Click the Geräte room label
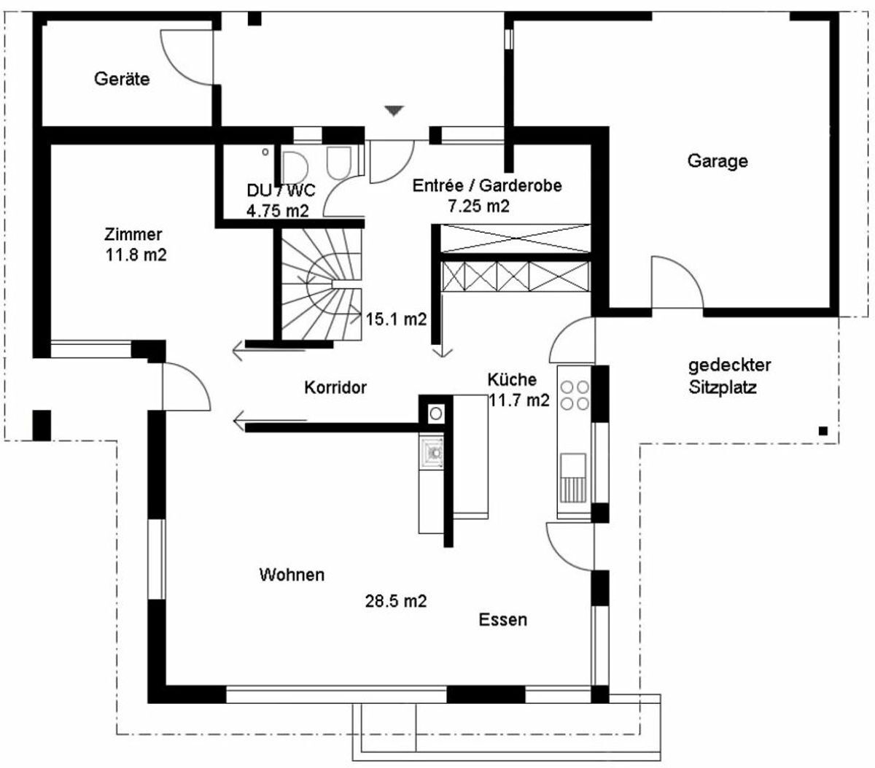[122, 79]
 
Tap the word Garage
[717, 161]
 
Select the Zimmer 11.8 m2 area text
[136, 244]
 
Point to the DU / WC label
[281, 190]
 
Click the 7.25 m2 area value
[478, 206]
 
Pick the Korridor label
[335, 387]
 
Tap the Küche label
[512, 380]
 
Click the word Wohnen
[292, 575]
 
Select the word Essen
[502, 620]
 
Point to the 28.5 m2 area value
[396, 601]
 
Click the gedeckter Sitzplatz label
[729, 376]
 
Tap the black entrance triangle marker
[394, 111]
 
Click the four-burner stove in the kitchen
[575, 395]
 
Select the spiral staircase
[321, 284]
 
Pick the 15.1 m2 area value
[396, 319]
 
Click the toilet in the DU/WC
[338, 163]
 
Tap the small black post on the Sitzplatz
[822, 430]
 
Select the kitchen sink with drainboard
[573, 478]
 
